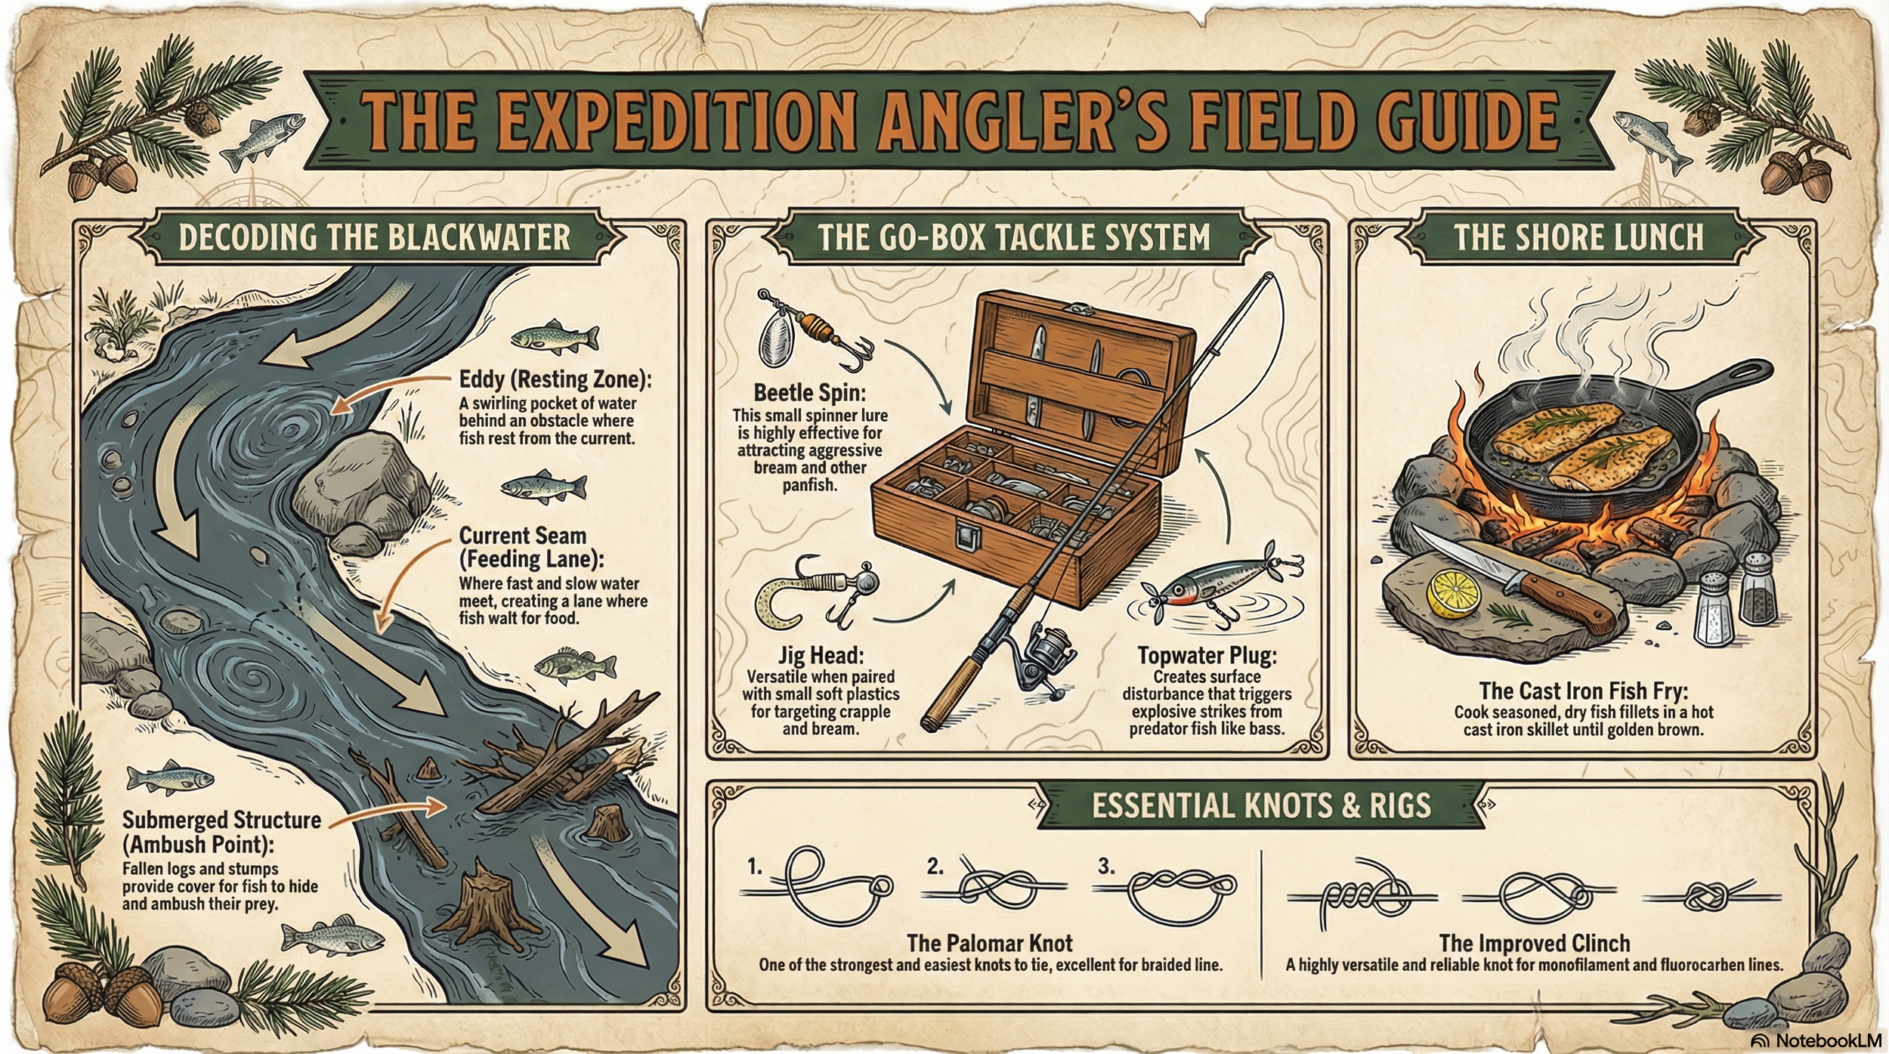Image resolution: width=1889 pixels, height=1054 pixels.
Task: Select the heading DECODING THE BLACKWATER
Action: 374,237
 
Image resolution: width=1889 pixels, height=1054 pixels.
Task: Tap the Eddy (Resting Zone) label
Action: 555,379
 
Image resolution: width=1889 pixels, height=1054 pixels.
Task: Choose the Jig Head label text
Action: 821,655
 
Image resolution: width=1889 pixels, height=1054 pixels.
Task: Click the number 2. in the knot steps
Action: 935,867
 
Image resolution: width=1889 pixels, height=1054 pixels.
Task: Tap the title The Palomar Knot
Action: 989,943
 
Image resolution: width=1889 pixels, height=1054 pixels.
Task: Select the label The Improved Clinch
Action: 1534,943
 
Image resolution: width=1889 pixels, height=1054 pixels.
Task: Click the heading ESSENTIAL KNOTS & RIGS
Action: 1260,805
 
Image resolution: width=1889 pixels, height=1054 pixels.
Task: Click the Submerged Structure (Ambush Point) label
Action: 221,831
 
